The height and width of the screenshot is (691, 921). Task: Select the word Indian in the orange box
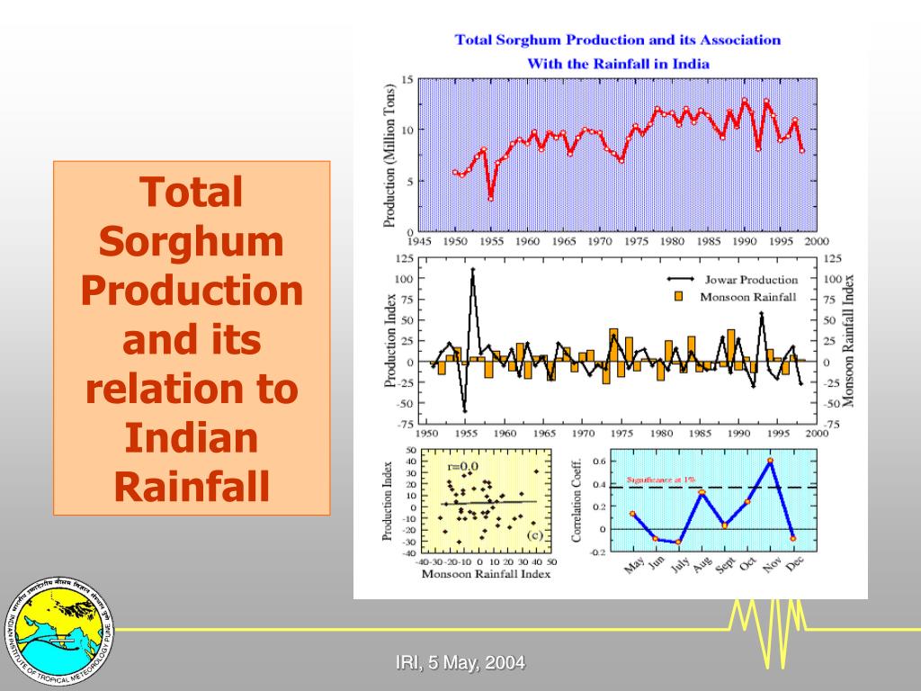tap(192, 438)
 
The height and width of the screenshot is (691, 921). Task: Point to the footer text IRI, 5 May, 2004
tap(460, 664)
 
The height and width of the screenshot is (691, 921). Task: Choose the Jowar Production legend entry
tap(738, 280)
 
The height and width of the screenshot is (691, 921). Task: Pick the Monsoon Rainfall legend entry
tap(738, 296)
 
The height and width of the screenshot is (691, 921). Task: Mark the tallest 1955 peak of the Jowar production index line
tap(473, 269)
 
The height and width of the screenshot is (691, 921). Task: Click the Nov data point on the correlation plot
tap(770, 461)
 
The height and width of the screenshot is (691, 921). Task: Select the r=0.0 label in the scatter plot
tap(464, 467)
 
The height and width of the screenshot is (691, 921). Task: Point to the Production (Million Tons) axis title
tap(390, 156)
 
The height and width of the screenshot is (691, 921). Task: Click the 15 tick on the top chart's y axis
tap(407, 80)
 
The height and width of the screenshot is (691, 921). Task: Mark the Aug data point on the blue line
tap(702, 493)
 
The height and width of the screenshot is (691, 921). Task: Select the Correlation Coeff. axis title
tap(577, 499)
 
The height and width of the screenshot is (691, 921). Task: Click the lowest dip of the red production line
tap(490, 199)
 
